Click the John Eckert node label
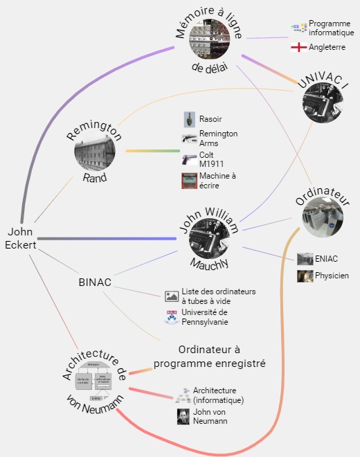(20, 238)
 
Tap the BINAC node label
(95, 282)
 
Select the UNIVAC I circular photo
(323, 102)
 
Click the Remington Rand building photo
(95, 151)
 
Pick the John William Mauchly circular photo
(209, 238)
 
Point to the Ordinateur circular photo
(323, 217)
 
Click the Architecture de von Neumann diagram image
(93, 381)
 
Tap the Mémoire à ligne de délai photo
(209, 39)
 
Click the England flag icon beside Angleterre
(299, 47)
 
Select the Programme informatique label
(332, 28)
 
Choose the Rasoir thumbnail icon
(190, 120)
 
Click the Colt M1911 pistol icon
(190, 159)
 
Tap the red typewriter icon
(190, 181)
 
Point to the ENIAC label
(326, 259)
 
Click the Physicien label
(332, 276)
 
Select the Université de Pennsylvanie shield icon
(172, 317)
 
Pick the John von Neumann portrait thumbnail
(183, 416)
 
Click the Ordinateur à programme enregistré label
(210, 357)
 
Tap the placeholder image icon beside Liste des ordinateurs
(172, 296)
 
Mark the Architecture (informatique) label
(218, 395)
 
